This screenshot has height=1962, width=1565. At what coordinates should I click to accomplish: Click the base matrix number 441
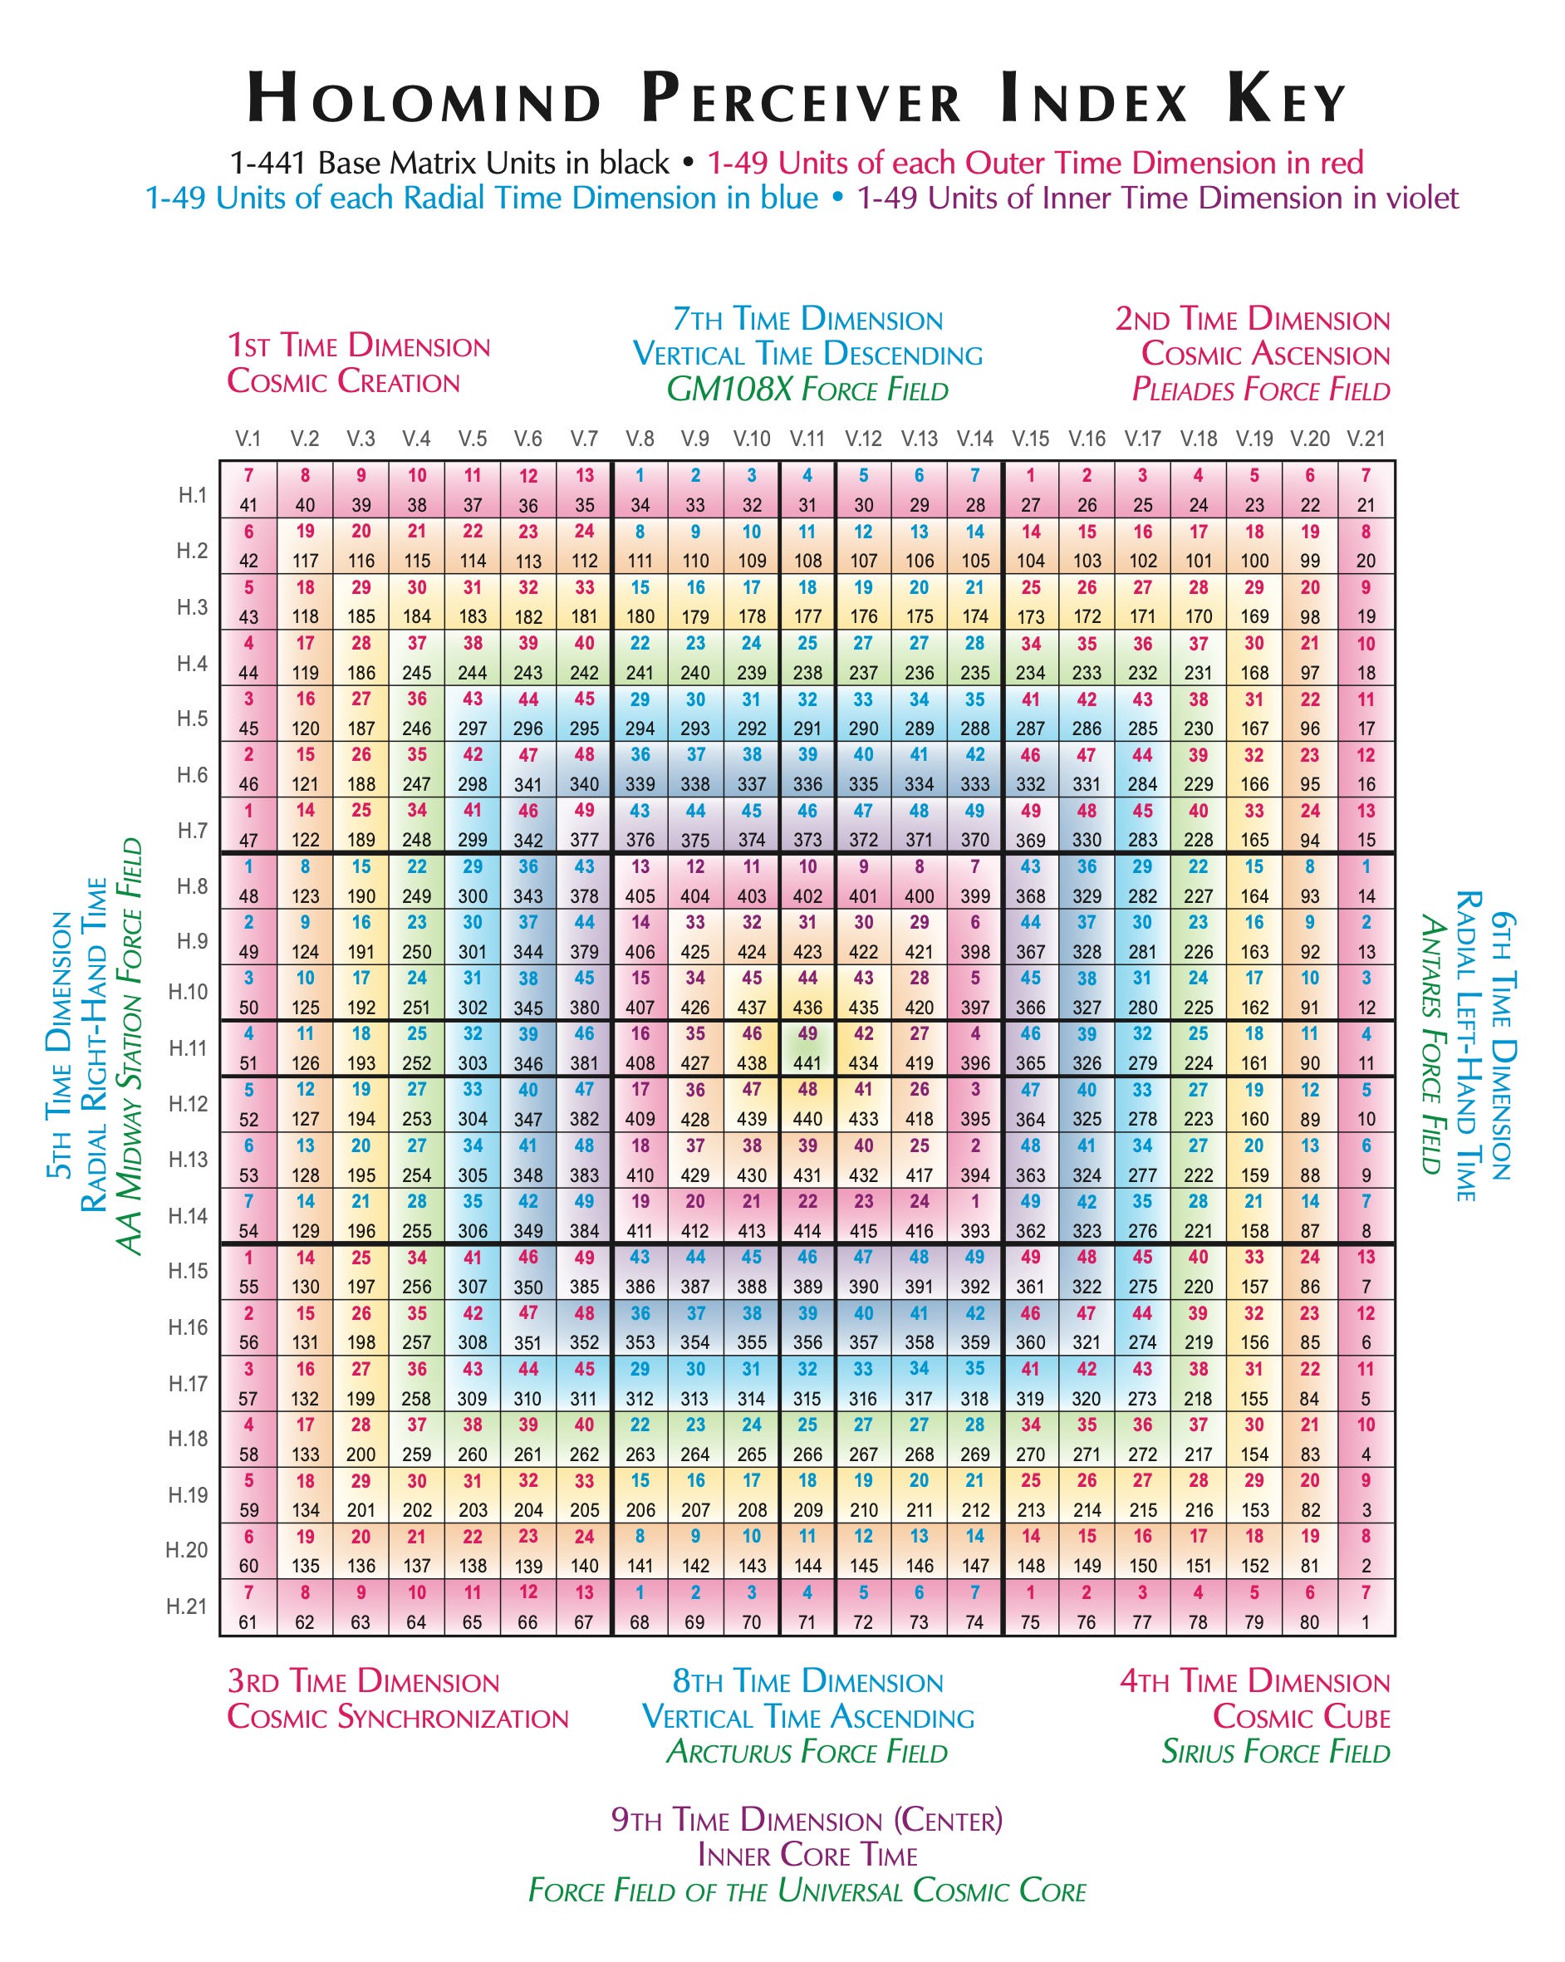807,1063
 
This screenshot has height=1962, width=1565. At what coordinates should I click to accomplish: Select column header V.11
807,439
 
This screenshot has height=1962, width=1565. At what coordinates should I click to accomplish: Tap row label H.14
189,1216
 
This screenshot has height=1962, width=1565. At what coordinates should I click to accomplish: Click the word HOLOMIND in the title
425,98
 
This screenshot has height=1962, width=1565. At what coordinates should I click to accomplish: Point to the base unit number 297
472,728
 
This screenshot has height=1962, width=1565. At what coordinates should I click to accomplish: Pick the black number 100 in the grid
1253,561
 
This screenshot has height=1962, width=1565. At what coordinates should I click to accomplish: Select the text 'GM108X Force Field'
807,390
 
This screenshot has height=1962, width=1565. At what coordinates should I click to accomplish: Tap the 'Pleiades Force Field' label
1260,390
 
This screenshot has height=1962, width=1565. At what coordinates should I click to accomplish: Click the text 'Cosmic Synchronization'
398,1717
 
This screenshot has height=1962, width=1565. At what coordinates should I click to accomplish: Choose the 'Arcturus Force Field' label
807,1752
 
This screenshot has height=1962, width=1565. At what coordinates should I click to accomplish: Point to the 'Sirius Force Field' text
1276,1752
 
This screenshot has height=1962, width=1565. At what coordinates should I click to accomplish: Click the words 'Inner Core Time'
807,1855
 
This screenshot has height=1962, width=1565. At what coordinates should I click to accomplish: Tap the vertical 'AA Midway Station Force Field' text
130,1047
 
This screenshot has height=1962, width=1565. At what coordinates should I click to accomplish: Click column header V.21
1366,439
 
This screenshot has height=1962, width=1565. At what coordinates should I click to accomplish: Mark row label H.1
192,495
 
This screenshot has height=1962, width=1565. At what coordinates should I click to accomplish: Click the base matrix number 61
248,1621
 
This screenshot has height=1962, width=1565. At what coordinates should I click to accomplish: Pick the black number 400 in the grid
919,896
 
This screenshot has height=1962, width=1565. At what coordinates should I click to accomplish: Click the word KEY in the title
1286,98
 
